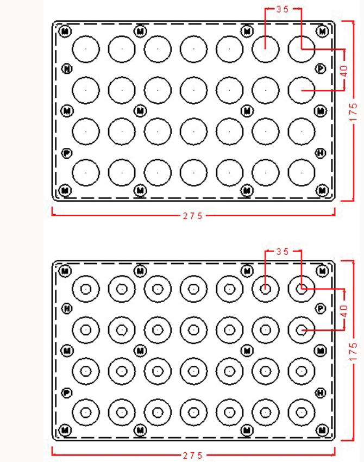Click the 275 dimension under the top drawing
pyautogui.click(x=192, y=216)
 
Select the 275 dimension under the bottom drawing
pyautogui.click(x=192, y=455)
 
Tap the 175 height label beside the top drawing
pyautogui.click(x=354, y=112)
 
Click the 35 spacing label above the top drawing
pyautogui.click(x=283, y=9)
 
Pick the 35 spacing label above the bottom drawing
pyautogui.click(x=283, y=252)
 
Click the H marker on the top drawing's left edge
pyautogui.click(x=67, y=68)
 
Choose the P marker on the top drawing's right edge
pyautogui.click(x=321, y=68)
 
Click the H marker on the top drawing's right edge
pyautogui.click(x=321, y=153)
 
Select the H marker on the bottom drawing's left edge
pyautogui.click(x=67, y=309)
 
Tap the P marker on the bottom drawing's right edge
pyautogui.click(x=321, y=309)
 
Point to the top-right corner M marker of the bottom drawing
pyautogui.click(x=322, y=271)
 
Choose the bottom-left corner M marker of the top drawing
pyautogui.click(x=65, y=190)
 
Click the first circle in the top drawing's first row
pyautogui.click(x=86, y=49)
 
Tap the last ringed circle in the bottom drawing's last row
pyautogui.click(x=302, y=411)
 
